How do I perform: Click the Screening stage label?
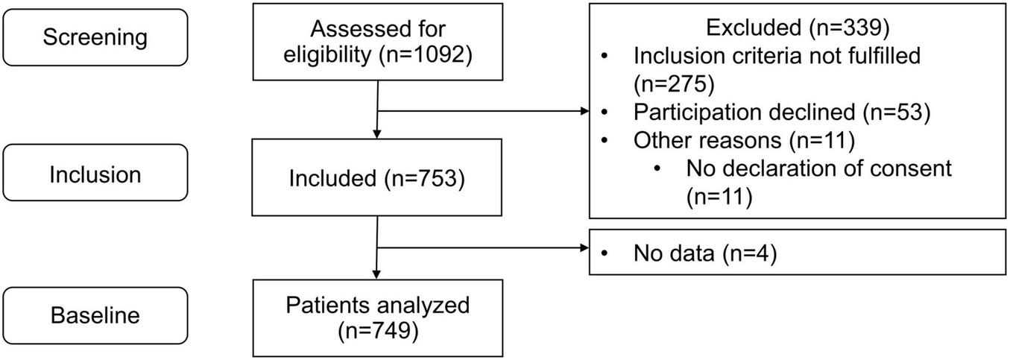[x=95, y=37]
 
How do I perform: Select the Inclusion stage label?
[x=95, y=174]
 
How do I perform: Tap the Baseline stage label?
[x=95, y=315]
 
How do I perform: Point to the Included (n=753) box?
[x=378, y=179]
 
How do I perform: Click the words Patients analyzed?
[x=378, y=306]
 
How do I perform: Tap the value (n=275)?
[x=674, y=83]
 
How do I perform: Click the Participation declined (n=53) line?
[x=781, y=112]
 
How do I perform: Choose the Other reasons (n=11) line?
[x=743, y=140]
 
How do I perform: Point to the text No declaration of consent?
[x=819, y=168]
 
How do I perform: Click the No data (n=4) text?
[x=705, y=254]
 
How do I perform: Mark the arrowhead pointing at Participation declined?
[x=584, y=112]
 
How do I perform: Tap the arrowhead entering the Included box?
[x=378, y=134]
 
